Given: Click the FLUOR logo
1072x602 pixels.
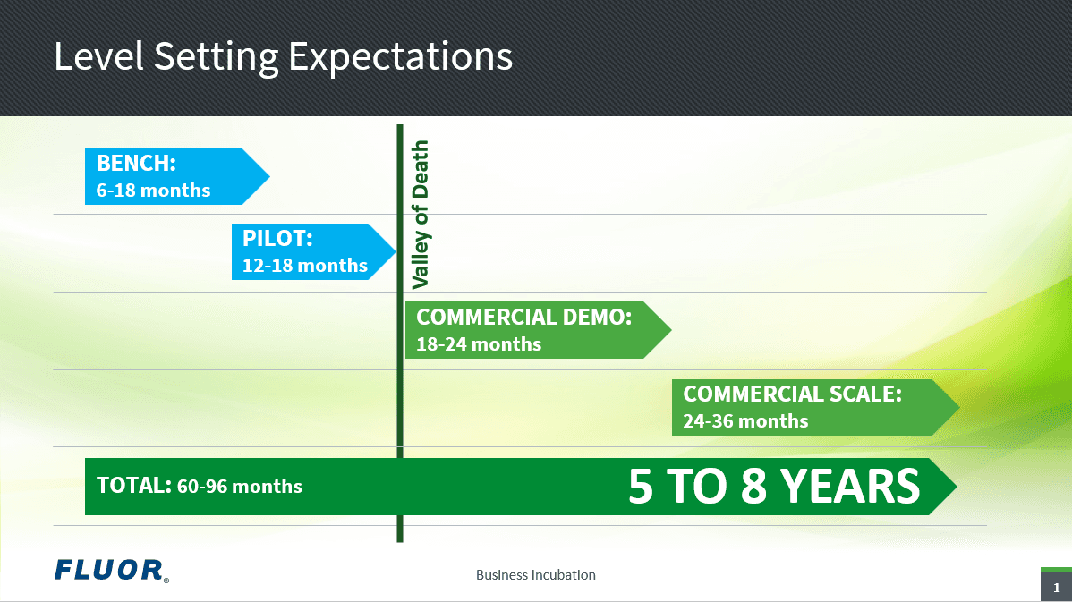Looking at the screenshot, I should pyautogui.click(x=110, y=570).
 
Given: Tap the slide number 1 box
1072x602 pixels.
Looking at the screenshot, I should pyautogui.click(x=1056, y=587).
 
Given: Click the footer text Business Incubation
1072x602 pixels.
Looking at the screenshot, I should pyautogui.click(x=535, y=574).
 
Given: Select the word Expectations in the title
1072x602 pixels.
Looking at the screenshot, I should pyautogui.click(x=400, y=56).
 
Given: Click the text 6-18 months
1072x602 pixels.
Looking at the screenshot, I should pyautogui.click(x=153, y=191).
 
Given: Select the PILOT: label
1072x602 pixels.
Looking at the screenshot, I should pyautogui.click(x=277, y=239).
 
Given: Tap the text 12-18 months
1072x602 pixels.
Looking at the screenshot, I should pyautogui.click(x=304, y=266).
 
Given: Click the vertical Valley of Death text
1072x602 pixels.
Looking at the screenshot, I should pyautogui.click(x=420, y=215).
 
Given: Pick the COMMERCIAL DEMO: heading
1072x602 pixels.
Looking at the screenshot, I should pyautogui.click(x=523, y=317).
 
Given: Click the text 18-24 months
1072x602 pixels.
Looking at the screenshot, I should pyautogui.click(x=479, y=343).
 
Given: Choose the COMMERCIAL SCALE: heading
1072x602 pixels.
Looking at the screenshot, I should pyautogui.click(x=792, y=394).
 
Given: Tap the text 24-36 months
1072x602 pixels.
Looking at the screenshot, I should pyautogui.click(x=745, y=420).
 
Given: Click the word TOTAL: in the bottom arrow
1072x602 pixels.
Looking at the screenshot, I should pyautogui.click(x=133, y=485).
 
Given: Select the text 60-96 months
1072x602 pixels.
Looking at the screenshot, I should pyautogui.click(x=240, y=487).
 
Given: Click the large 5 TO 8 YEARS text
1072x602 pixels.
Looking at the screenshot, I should pyautogui.click(x=773, y=486).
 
